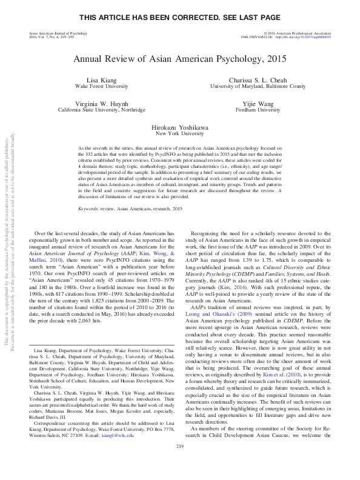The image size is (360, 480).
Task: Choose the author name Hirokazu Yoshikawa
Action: (x=179, y=128)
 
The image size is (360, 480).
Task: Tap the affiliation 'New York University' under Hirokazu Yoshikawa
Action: (x=179, y=134)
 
